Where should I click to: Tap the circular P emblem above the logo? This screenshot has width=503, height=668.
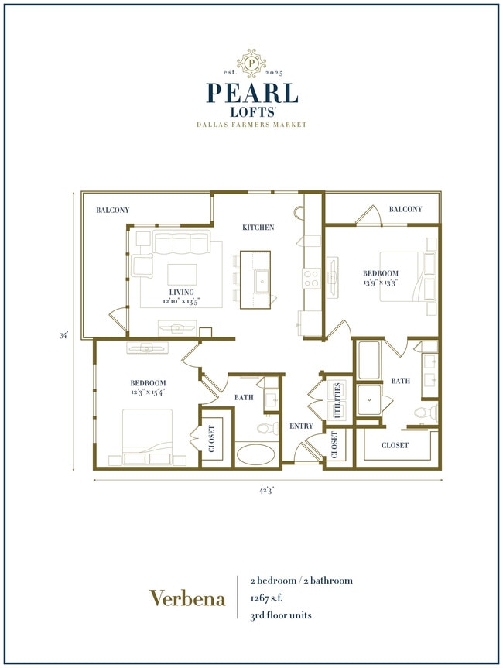251,63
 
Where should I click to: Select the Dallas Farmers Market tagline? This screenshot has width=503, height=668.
251,125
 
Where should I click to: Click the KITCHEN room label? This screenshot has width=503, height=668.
258,228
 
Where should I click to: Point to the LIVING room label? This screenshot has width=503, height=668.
182,292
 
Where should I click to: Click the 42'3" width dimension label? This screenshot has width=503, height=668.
267,489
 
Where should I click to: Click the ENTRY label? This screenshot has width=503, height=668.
300,426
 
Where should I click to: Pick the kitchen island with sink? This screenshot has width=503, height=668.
258,279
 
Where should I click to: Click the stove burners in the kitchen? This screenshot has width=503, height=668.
311,279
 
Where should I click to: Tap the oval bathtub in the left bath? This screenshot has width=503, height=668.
258,453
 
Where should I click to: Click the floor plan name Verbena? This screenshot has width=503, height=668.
187,598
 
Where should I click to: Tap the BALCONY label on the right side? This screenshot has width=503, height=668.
405,210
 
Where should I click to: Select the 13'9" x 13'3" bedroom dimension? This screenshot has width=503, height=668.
381,283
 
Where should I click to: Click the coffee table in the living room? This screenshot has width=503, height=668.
183,276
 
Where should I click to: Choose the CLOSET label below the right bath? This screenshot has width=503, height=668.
395,445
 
